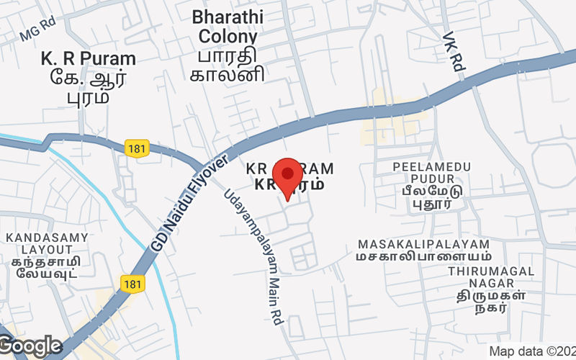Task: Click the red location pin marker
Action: [289, 176]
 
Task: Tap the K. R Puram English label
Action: [89, 58]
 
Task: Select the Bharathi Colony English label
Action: [228, 26]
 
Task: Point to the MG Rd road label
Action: [38, 32]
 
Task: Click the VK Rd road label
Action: [453, 51]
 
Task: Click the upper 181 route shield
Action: [136, 148]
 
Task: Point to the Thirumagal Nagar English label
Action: [490, 278]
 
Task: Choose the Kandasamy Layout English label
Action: [47, 243]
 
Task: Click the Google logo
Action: [30, 346]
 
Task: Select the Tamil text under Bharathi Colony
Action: [228, 65]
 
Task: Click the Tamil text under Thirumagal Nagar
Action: [490, 302]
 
